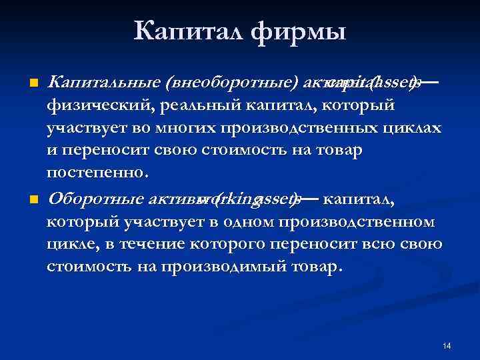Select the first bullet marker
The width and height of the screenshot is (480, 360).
click(x=32, y=83)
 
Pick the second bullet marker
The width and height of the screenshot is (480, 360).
click(x=32, y=199)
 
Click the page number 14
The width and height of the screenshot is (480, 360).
click(x=446, y=346)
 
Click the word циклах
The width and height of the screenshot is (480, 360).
click(x=417, y=127)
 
